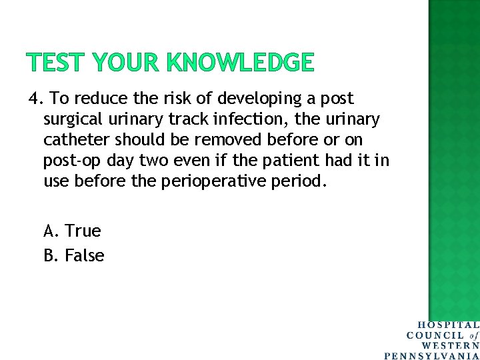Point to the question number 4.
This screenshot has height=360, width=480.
tap(35, 99)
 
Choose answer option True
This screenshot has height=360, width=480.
tap(83, 231)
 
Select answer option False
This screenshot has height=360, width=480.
tap(84, 255)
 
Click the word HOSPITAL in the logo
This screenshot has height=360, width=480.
tap(448, 325)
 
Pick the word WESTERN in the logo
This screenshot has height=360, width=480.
tap(450, 345)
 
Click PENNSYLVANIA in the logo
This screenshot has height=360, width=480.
tap(432, 355)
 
